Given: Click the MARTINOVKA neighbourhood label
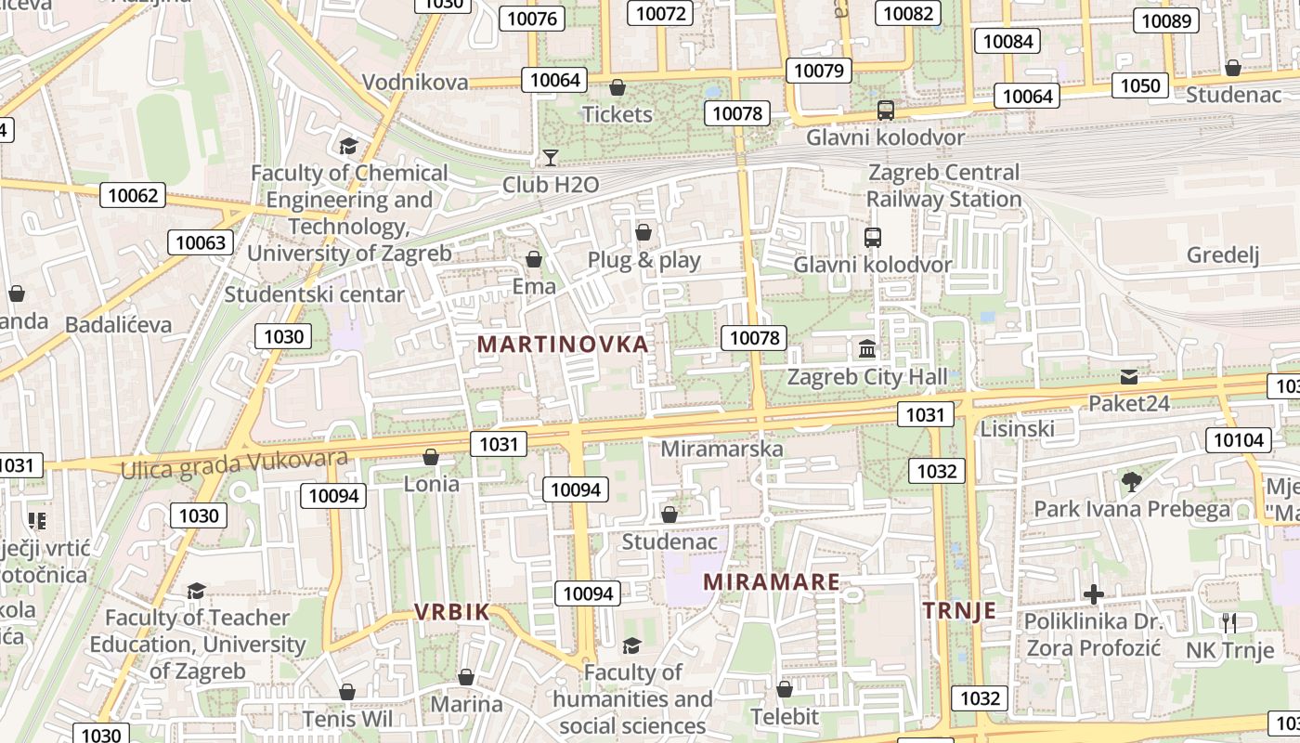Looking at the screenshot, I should (x=563, y=345).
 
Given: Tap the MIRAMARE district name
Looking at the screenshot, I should (x=772, y=582).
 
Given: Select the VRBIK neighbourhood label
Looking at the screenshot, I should (x=451, y=611).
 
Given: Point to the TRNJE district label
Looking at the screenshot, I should (x=959, y=610).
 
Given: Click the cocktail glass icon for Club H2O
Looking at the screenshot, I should (x=551, y=158).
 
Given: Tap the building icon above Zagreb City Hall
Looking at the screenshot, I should (x=867, y=349).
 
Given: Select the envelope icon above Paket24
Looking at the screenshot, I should (x=1128, y=376).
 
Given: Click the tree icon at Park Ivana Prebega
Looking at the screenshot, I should (x=1131, y=481).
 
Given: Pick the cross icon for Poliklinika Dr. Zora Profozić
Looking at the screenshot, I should (x=1094, y=593).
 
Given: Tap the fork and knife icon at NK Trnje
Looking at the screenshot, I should (x=1229, y=622).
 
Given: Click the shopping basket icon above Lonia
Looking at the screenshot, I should (x=431, y=457).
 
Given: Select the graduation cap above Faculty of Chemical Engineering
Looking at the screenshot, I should (x=348, y=146).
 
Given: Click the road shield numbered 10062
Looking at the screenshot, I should (x=133, y=195).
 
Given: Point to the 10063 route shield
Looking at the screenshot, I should (x=201, y=243).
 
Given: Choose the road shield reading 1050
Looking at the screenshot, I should (x=1140, y=86).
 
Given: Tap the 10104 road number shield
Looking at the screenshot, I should (x=1239, y=440).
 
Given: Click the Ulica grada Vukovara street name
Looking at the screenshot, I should (x=234, y=463).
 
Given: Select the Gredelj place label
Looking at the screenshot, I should (x=1223, y=254).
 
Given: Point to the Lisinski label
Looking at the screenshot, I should (x=1018, y=428).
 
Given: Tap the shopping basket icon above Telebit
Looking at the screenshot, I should (x=785, y=689).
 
